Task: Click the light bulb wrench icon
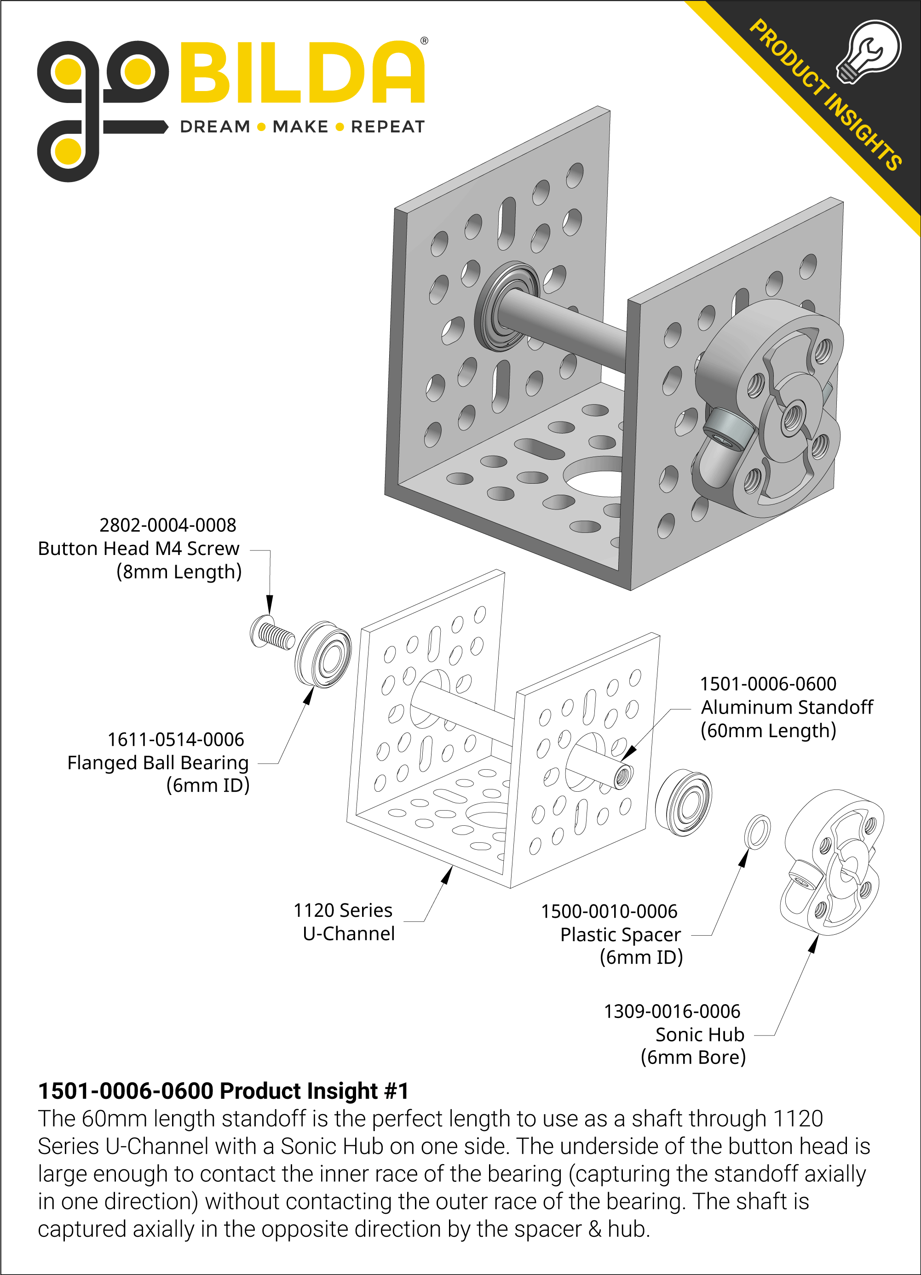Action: [x=868, y=51]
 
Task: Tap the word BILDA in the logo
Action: [x=302, y=73]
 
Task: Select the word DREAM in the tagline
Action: [x=215, y=127]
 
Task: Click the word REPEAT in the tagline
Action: [x=388, y=127]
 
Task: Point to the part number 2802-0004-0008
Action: [x=167, y=525]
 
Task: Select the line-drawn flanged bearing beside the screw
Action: [x=323, y=654]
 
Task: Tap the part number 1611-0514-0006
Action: [x=176, y=739]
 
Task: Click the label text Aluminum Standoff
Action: [x=787, y=707]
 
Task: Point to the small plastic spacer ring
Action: [x=757, y=833]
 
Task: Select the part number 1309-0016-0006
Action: [x=672, y=1012]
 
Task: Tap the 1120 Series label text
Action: [x=343, y=910]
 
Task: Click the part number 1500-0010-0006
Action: [x=609, y=911]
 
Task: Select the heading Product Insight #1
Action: [x=223, y=1091]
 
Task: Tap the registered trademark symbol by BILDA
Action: [x=424, y=40]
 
